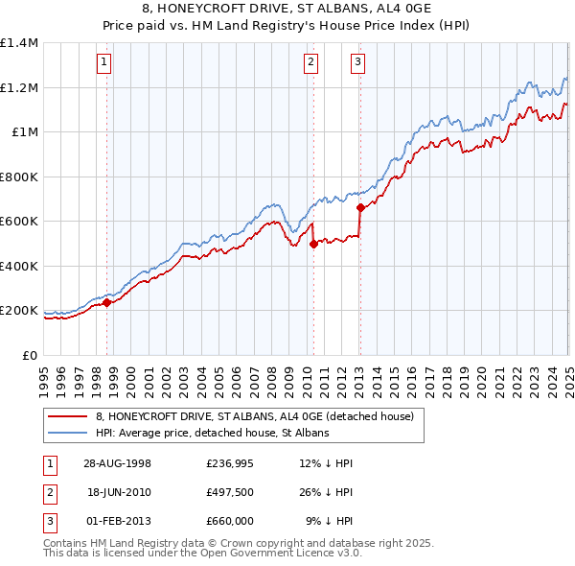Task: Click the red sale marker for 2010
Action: pos(313,244)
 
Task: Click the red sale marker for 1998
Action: pos(106,302)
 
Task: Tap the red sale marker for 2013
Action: pos(359,207)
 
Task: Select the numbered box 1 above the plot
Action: pos(103,64)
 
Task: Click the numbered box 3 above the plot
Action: pos(357,64)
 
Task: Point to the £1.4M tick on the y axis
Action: pos(19,43)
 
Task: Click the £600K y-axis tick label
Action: pos(19,222)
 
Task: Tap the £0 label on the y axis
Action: pos(29,355)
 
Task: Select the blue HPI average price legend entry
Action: pos(212,433)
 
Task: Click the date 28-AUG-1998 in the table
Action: pos(117,463)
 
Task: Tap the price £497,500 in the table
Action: pos(229,492)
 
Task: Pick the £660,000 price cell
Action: pos(229,521)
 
